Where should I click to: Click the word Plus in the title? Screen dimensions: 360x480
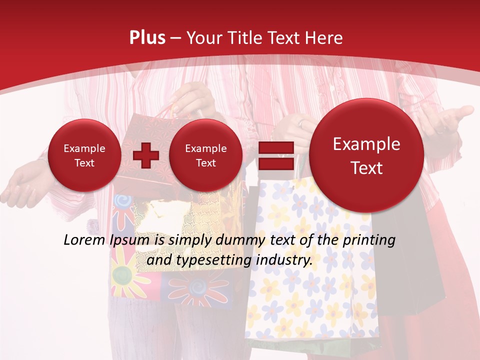[x=147, y=38]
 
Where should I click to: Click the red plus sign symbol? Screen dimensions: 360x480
[x=145, y=155]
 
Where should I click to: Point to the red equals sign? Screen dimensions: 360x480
[x=275, y=155]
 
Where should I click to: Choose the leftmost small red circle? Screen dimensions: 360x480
[x=84, y=155]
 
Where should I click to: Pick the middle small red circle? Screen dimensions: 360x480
[x=205, y=155]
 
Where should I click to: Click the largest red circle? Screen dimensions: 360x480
[x=366, y=155]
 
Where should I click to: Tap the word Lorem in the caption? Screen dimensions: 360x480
[x=84, y=240]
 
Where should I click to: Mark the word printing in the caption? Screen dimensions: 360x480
[x=369, y=240]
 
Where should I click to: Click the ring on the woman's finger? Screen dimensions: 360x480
[x=301, y=123]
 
